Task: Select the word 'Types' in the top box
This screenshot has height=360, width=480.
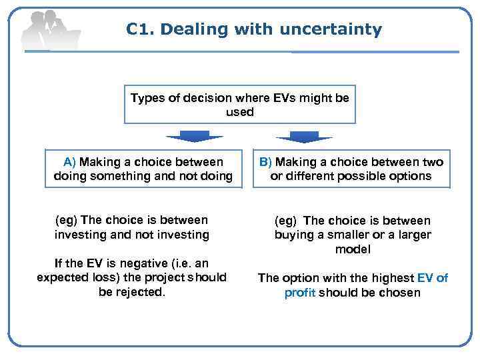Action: point(147,98)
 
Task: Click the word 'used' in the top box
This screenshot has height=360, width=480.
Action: point(240,112)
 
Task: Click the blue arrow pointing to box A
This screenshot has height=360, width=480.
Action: point(194,137)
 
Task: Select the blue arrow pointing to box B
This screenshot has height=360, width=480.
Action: point(304,137)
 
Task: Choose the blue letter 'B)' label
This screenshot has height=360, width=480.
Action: point(265,162)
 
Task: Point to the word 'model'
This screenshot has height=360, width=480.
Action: point(353,249)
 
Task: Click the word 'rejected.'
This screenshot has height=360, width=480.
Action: point(139,291)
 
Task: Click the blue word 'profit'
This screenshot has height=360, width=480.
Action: point(300,293)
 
